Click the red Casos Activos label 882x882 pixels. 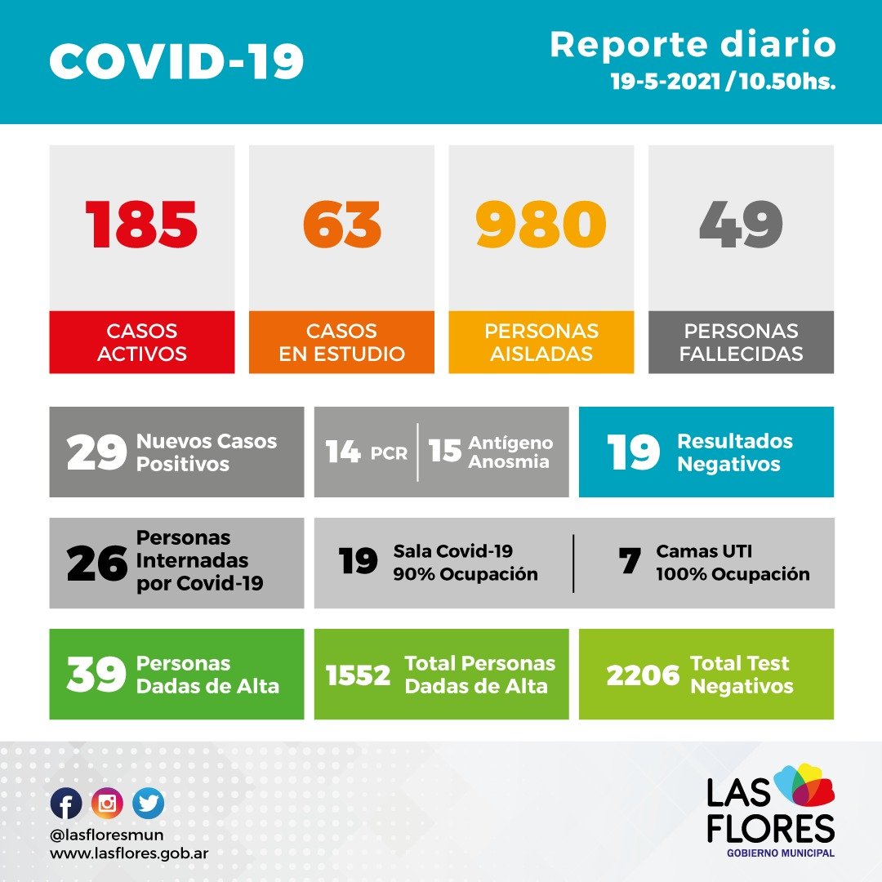(x=141, y=342)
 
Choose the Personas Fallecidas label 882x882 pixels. (x=741, y=342)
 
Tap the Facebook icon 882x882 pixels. (x=66, y=804)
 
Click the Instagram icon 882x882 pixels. (x=107, y=804)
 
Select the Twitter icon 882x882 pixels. (x=148, y=804)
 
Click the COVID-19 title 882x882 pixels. (x=176, y=61)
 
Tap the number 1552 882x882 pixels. (x=358, y=675)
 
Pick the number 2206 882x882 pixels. (x=643, y=675)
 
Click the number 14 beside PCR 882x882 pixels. (x=343, y=452)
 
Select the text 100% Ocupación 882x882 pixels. (x=733, y=574)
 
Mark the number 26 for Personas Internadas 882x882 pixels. (x=97, y=563)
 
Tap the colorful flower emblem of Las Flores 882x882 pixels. (x=804, y=785)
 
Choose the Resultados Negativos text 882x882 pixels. (x=734, y=452)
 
